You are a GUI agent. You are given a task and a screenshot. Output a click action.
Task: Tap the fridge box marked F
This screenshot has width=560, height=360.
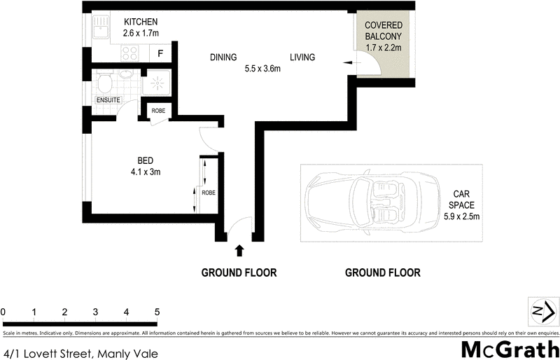click(160, 53)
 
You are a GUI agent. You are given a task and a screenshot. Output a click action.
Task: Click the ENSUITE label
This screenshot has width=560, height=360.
click(108, 101)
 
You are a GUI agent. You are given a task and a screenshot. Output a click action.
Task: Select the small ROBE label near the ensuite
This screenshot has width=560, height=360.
click(158, 110)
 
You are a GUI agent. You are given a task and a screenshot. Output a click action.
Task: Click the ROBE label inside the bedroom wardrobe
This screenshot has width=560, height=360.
click(208, 193)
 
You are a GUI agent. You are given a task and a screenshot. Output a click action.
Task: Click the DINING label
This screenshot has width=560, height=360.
click(223, 57)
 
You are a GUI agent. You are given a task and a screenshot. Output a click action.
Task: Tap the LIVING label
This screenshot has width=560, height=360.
click(302, 57)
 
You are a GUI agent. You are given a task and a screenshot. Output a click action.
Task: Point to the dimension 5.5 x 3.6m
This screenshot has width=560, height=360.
click(262, 69)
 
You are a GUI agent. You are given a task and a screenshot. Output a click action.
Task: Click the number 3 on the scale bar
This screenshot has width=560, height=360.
click(95, 312)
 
